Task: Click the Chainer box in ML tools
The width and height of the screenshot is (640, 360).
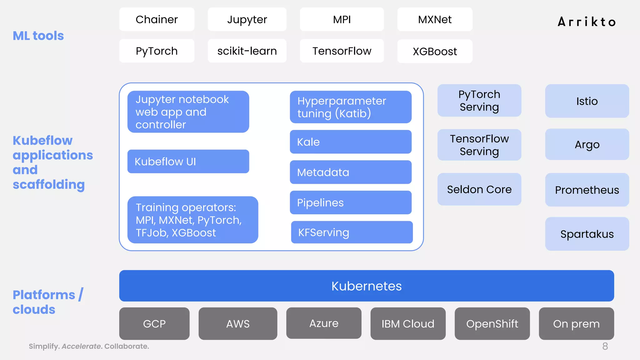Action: (157, 19)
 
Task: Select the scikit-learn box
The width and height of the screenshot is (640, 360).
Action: (247, 51)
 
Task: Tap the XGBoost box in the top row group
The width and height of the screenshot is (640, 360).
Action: (435, 51)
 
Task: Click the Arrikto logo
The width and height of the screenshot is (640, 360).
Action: (587, 22)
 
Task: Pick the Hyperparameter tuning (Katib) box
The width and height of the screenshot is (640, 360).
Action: (350, 107)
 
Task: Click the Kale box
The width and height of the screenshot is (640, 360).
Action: (350, 142)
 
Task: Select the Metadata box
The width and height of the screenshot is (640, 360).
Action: (350, 172)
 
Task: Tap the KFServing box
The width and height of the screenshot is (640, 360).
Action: (352, 232)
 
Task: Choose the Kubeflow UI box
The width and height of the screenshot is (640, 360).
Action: (188, 162)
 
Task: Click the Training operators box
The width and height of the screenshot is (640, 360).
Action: (192, 220)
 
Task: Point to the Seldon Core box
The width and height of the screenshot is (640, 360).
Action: (479, 189)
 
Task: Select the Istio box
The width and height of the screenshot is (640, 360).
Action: (587, 101)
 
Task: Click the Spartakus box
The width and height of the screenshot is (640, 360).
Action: (587, 234)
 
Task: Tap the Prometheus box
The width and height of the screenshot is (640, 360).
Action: (587, 190)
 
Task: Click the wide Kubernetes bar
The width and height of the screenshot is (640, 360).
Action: (366, 286)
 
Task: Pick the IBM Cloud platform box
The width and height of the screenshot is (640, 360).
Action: (408, 324)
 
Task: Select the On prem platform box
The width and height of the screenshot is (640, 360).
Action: (576, 324)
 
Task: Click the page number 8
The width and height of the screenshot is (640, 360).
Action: (605, 346)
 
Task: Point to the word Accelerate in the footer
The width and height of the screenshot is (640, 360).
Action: (81, 346)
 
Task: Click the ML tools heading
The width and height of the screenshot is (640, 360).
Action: (38, 36)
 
